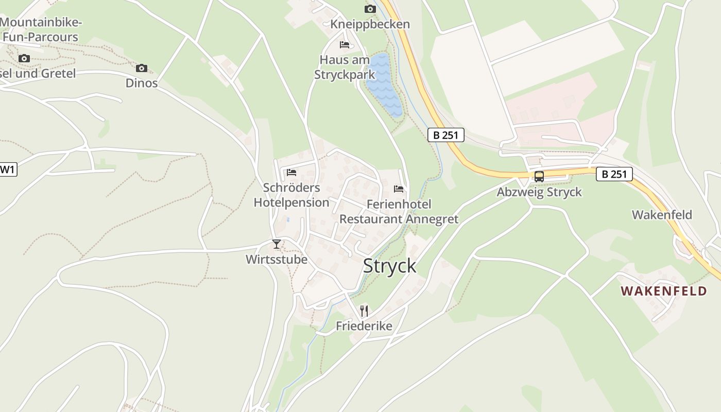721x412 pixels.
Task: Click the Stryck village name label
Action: coord(389,266)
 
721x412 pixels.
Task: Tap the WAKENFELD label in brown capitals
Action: coord(663,291)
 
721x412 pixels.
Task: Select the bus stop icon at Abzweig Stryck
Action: coord(539,176)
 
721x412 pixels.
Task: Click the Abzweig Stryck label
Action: coord(539,192)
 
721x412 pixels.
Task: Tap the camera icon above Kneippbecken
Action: coord(370,9)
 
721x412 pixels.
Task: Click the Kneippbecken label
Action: coord(370,24)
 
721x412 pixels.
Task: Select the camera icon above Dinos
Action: coord(142,68)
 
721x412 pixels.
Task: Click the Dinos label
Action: coord(142,83)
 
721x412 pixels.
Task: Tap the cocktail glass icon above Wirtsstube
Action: coord(277,244)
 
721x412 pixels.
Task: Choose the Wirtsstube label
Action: coord(277,259)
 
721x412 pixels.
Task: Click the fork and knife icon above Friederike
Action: coord(364,311)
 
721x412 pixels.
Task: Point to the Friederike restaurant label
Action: coord(364,326)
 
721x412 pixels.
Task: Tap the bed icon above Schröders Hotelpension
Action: coord(291,172)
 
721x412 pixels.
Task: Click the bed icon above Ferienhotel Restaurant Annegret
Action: coord(399,189)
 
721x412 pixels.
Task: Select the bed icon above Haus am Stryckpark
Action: coord(345,45)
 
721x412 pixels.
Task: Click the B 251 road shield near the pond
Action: coord(446,135)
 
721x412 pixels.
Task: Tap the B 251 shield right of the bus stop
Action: coord(614,174)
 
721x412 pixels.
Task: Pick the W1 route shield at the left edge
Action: coord(7,169)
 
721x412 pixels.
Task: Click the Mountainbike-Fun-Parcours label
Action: coord(41,29)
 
